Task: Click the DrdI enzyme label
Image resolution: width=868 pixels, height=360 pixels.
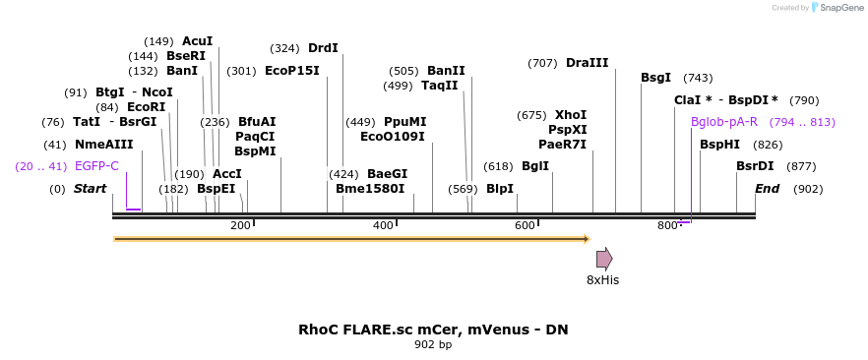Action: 323,48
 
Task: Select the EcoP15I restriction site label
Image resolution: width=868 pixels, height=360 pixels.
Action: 292,71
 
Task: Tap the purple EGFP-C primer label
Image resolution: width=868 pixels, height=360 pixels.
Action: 96,166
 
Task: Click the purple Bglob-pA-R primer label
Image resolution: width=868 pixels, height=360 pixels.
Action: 724,122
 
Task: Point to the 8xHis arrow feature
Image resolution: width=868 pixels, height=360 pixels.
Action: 604,259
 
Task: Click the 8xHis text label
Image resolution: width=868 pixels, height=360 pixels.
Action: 602,280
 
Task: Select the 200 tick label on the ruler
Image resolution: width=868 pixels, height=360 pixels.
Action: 240,226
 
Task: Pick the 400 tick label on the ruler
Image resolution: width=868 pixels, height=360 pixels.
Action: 383,226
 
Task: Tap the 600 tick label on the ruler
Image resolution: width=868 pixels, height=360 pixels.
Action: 525,226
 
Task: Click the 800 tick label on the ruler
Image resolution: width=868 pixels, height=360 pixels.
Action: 667,226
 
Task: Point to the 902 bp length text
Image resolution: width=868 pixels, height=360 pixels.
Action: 433,345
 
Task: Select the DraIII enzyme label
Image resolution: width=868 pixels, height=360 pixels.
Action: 587,63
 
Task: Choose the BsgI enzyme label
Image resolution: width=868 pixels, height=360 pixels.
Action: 656,78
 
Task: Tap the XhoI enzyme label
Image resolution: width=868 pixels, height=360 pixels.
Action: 571,115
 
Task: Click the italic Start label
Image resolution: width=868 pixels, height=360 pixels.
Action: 90,189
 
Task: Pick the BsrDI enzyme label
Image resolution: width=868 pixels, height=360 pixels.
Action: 755,166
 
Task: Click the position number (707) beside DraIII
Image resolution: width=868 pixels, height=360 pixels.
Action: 542,63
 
